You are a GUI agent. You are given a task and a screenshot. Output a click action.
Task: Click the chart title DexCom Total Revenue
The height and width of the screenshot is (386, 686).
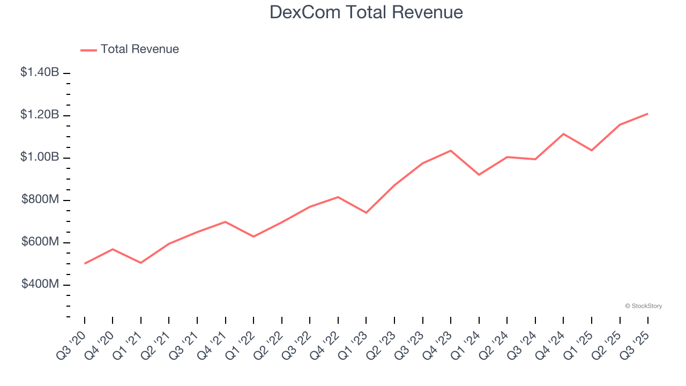point(366,12)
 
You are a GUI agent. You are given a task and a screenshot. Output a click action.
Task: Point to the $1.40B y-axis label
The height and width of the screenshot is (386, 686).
point(40,72)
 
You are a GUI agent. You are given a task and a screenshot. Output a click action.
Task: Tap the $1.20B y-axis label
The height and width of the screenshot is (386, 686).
point(40,115)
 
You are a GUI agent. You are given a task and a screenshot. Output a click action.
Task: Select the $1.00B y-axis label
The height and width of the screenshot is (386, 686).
point(40,157)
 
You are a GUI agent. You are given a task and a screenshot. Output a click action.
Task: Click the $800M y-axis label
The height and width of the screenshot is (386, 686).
point(40,199)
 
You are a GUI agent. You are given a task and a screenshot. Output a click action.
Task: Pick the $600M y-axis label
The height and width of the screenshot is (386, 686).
point(40,242)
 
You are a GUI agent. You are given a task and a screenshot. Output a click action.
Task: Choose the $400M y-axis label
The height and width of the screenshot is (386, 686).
point(40,284)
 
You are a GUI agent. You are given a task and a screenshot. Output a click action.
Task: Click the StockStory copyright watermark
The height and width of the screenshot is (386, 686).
point(643,306)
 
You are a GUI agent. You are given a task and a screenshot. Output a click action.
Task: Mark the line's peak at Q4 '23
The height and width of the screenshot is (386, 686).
point(451,151)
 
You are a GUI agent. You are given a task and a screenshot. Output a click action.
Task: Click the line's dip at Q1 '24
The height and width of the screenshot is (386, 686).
point(479,175)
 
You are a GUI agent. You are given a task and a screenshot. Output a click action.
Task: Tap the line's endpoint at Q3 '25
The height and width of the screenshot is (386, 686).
point(648,114)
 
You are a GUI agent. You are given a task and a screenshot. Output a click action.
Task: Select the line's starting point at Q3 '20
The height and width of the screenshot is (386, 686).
point(85,264)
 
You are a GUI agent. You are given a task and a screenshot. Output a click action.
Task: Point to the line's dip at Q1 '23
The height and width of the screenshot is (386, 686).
point(366,213)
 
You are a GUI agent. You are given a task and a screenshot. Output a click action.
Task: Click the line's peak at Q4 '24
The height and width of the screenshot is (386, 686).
point(563,133)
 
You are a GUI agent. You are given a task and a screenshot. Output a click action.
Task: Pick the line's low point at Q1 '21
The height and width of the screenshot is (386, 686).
point(140,263)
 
